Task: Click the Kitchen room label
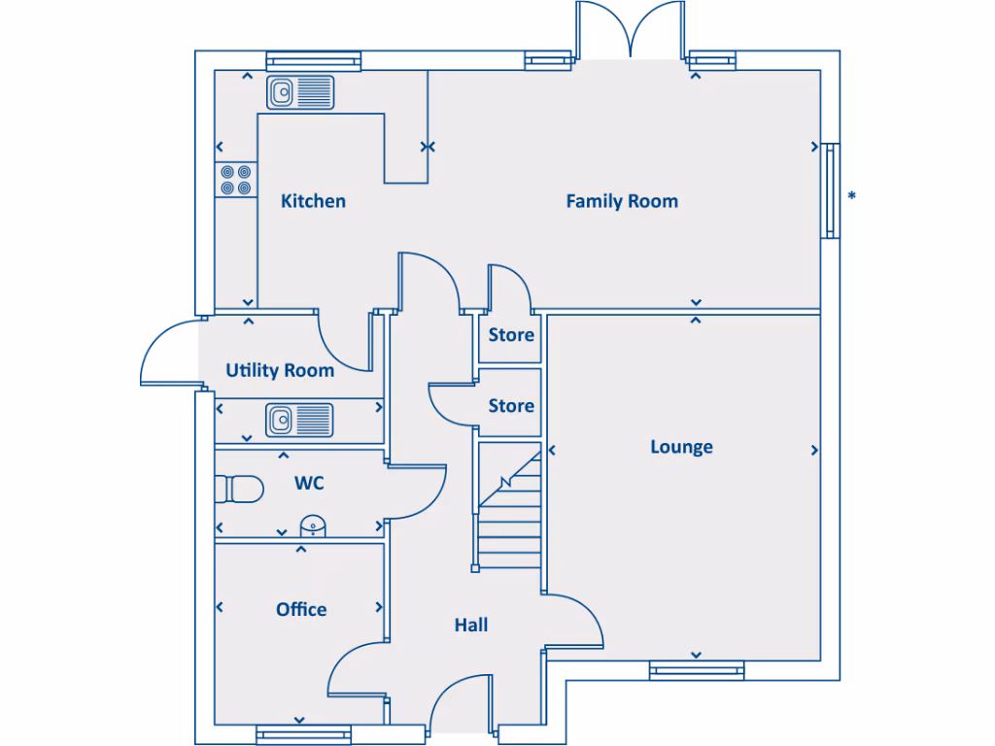[313, 201]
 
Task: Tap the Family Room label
[622, 201]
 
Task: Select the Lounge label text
[681, 447]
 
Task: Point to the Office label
[301, 609]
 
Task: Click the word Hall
[471, 625]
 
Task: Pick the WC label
[309, 482]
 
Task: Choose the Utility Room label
[280, 370]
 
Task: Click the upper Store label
[511, 335]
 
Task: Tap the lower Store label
[511, 405]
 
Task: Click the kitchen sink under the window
[300, 92]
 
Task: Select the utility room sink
[299, 420]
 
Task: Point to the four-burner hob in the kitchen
[235, 180]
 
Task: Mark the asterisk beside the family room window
[852, 197]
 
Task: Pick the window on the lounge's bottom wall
[697, 669]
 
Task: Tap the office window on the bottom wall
[301, 735]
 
